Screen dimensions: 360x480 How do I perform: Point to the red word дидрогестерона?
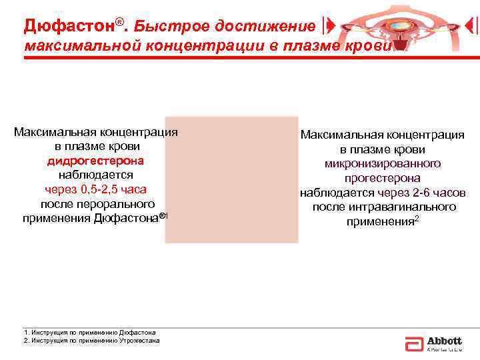95,161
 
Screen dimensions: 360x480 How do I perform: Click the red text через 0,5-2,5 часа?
95,189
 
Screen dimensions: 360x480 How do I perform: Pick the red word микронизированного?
382,163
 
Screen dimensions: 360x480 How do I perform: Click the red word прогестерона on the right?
382,178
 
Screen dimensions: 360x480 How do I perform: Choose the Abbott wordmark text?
444,340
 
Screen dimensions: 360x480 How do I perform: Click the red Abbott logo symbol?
413,343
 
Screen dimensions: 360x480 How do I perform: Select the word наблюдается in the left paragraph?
95,175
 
